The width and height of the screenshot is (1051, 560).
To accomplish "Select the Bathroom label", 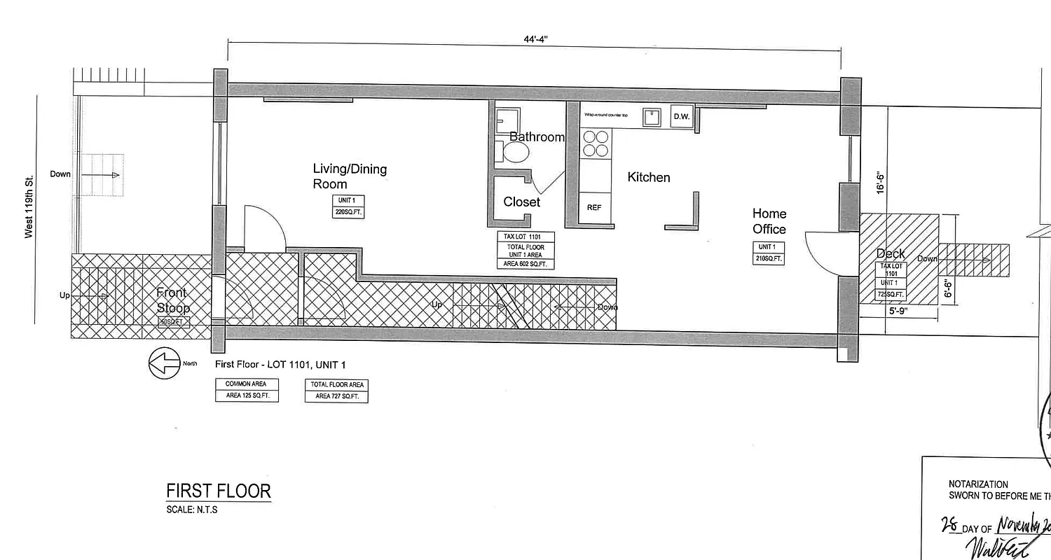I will (x=537, y=137).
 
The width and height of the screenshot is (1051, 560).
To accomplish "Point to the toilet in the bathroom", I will (x=516, y=151).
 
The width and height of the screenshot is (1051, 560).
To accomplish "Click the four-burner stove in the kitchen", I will (x=596, y=143).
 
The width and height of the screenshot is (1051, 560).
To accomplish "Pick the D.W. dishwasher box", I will (x=682, y=117).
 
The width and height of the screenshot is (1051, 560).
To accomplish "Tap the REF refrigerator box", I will (x=594, y=207).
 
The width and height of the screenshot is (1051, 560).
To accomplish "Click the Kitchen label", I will (x=648, y=178).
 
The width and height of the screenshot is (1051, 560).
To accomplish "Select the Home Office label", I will (x=769, y=221).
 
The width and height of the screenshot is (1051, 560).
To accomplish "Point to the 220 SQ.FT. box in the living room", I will (x=348, y=207).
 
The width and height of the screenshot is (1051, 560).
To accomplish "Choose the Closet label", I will (x=522, y=202).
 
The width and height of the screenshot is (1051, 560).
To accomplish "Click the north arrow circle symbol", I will (x=165, y=364).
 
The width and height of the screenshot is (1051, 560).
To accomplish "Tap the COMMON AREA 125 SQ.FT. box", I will (x=247, y=390).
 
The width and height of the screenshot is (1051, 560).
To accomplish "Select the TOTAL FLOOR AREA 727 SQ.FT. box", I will (x=336, y=391).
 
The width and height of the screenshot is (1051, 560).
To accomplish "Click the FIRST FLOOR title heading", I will (x=218, y=491).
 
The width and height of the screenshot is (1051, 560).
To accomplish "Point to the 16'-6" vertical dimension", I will (x=882, y=183).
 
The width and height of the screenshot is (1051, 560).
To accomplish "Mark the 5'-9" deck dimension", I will (x=899, y=312).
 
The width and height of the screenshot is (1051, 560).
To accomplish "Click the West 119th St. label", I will (x=29, y=208).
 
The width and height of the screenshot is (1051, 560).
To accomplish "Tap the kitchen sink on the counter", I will (x=653, y=117).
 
